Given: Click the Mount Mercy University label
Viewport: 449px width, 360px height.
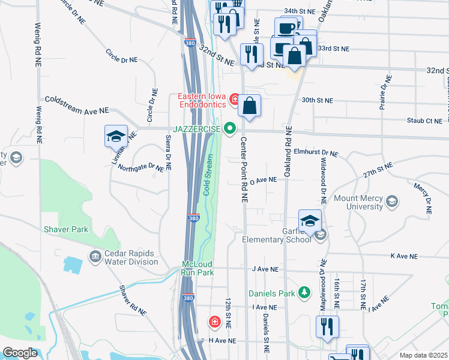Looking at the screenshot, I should coord(358,202).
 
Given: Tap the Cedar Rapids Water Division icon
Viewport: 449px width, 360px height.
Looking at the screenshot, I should coord(95,257).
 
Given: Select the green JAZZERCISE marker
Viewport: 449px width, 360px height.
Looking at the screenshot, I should coord(229,128).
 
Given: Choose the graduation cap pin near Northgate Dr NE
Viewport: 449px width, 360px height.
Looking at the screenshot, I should coord(116,136).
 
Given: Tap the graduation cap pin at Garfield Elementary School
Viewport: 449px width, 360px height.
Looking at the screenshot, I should coord(310,221).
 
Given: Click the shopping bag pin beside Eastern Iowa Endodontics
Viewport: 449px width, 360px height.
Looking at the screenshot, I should coord(249,106).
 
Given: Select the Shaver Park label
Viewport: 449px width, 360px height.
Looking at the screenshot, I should coord(65,229).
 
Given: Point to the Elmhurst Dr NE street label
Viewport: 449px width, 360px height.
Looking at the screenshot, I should coord(315,154).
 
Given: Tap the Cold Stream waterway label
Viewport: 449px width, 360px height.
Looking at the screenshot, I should coord(208,175).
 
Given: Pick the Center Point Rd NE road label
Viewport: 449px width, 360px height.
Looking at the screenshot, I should coord(244,169).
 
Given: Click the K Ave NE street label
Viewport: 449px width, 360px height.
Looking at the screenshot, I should coord(403,256).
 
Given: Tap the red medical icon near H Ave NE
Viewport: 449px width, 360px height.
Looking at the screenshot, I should coord(214,322).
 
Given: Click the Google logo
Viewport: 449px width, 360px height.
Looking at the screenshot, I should coord(20,353).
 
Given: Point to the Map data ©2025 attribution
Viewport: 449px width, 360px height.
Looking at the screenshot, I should coord(423,355).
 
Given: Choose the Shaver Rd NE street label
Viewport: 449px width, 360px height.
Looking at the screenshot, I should coord(133,300).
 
